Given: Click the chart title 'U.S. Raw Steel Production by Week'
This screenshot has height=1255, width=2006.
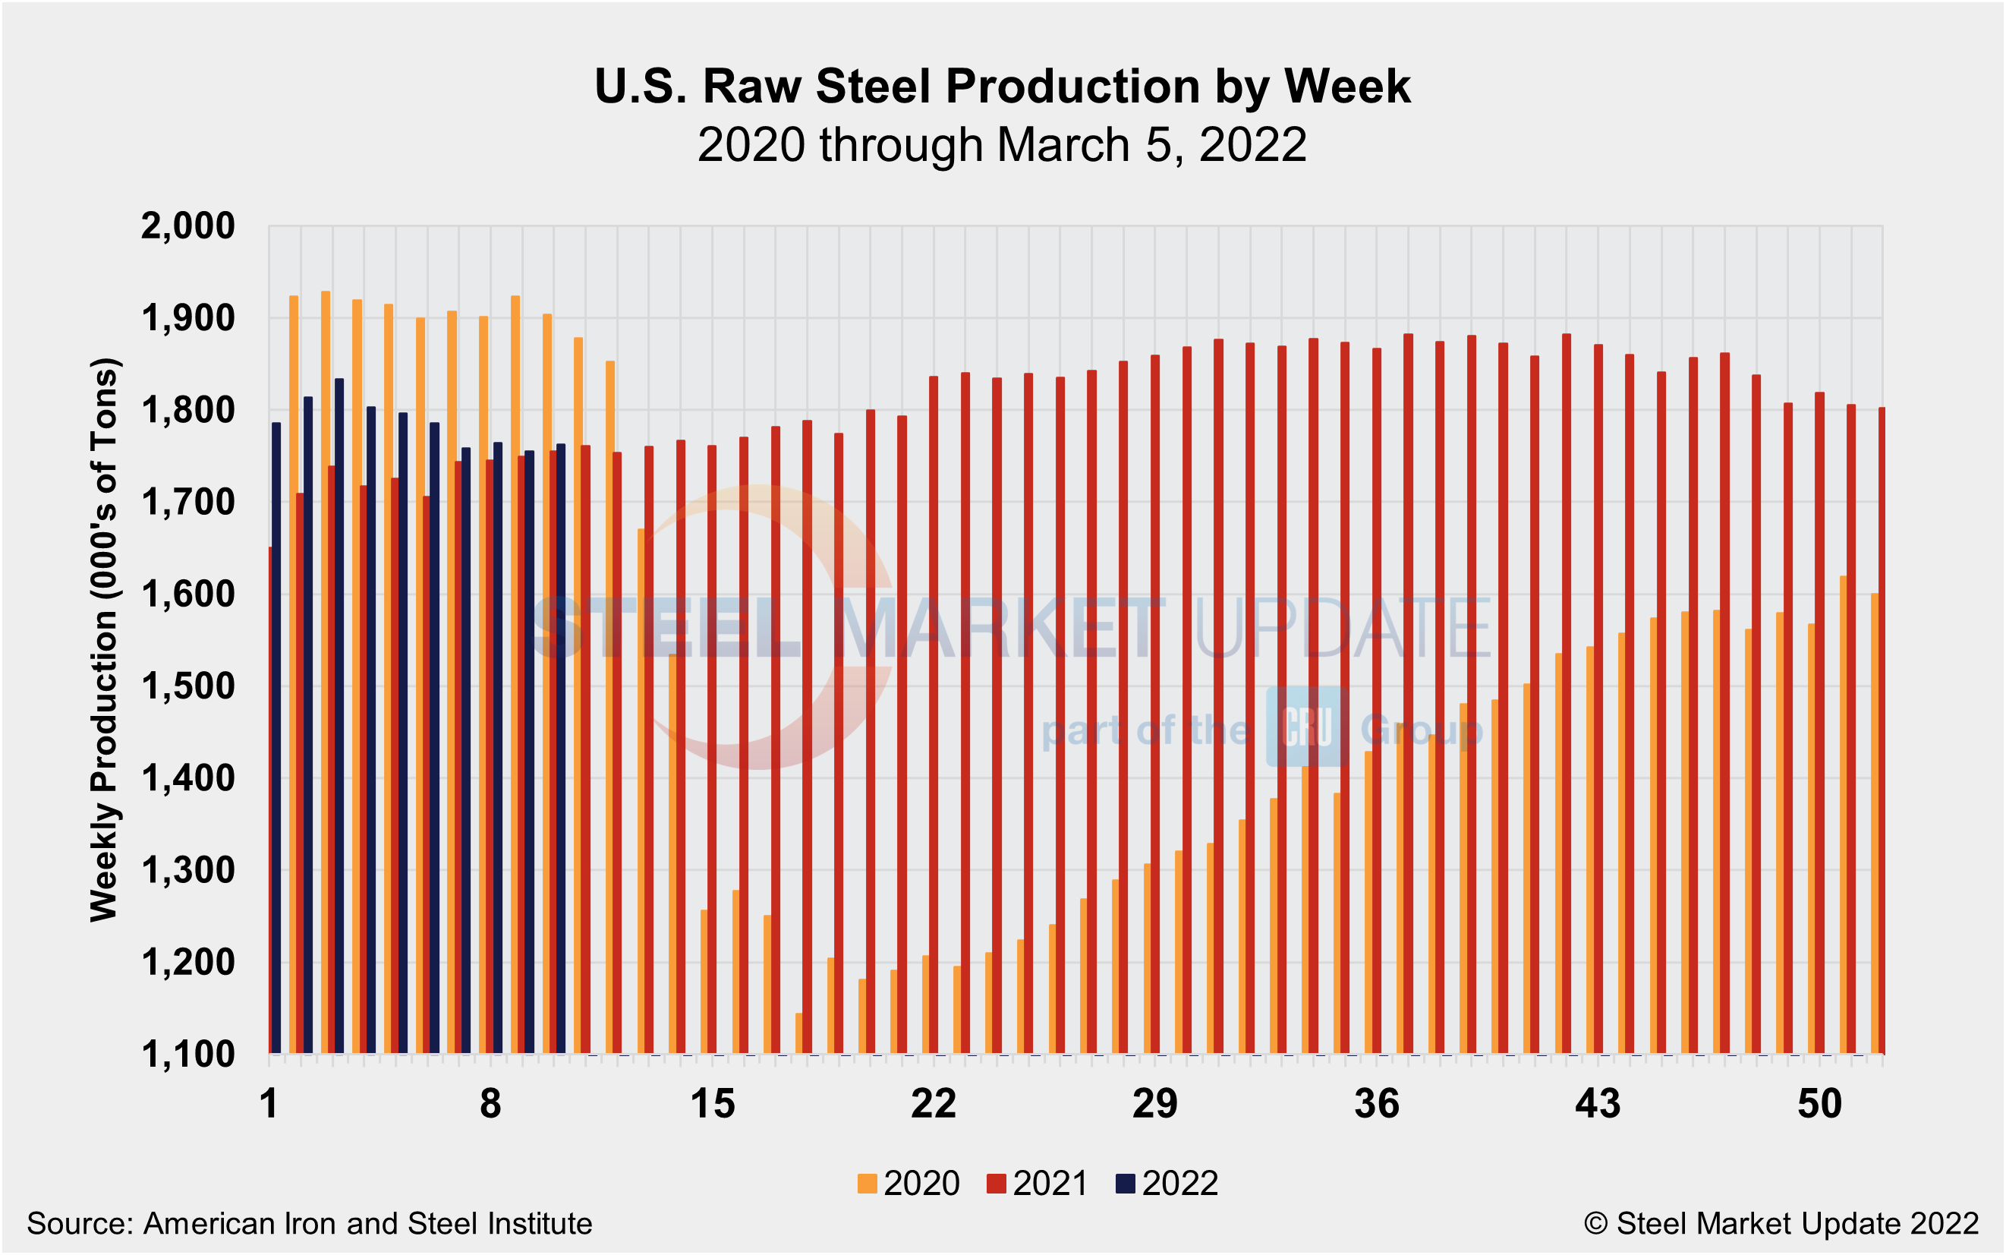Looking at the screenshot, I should coord(1002,87).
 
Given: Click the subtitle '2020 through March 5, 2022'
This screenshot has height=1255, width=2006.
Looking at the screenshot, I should coord(1002,145).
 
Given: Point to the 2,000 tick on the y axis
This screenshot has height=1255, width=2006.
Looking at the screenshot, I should coord(188,225).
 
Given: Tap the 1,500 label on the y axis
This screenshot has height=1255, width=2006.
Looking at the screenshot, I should coord(188,686).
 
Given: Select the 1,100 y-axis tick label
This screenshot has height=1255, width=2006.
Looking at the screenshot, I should coord(188,1055).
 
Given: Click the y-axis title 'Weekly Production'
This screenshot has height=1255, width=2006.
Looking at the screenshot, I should coord(105,640).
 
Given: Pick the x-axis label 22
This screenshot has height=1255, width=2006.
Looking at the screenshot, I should coord(934,1105).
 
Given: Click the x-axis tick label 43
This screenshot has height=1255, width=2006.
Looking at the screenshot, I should coord(1598,1105).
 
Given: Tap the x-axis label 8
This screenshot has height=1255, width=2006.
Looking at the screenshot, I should coord(490,1105).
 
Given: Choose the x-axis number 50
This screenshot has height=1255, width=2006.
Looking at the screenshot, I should coord(1819,1105).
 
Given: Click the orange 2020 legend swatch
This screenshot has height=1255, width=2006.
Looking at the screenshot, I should coord(868,1184).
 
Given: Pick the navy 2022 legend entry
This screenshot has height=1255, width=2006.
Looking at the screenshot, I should coord(1167,1184).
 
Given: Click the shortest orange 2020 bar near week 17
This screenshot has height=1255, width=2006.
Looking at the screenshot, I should coord(799,1033).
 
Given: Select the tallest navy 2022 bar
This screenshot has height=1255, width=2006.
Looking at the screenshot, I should coord(339,714).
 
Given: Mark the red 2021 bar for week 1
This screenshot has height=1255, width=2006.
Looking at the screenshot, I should coord(270,797).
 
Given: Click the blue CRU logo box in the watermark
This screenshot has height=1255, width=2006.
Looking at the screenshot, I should coord(1307,727).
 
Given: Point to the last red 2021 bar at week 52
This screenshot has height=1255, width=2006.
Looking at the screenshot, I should coord(1882,730).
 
